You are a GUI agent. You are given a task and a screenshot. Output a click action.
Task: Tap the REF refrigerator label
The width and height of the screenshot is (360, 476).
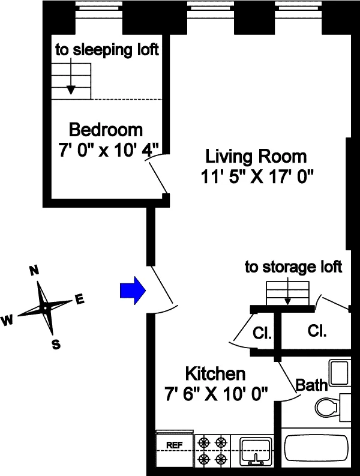coord(174,445)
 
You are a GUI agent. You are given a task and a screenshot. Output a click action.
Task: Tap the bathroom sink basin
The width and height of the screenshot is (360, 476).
coord(340,374)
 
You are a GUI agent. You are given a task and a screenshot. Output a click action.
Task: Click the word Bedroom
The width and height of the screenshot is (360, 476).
coord(106,129)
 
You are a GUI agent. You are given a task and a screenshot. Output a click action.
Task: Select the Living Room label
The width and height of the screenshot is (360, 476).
coord(256,157)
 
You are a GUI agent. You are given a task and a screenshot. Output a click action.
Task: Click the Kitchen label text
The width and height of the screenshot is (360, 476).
coord(215,374)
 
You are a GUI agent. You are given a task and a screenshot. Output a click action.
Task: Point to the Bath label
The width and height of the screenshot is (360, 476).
coord(313,385)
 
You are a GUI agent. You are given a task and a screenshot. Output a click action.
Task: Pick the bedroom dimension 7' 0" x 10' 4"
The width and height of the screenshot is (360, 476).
coord(109,150)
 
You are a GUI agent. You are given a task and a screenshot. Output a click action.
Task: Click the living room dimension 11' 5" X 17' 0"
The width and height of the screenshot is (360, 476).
coord(259,178)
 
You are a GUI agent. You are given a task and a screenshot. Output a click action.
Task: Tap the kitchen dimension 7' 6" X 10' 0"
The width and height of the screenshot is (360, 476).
coord(216,394)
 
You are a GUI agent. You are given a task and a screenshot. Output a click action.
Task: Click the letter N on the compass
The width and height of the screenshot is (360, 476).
coord(35,270)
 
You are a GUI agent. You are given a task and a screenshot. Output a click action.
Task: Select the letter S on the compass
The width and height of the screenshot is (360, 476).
coord(55,344)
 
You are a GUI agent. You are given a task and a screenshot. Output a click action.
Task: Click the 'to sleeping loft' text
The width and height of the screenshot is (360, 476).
coord(107,50)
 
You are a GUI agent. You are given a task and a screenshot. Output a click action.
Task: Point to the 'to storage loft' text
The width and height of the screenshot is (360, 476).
coord(293,267)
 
